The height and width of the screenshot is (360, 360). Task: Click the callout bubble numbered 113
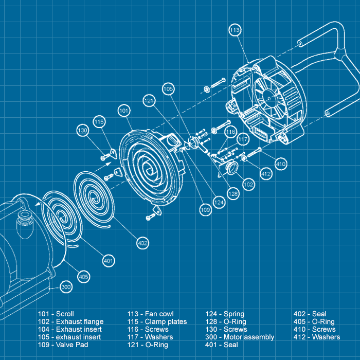(234, 30)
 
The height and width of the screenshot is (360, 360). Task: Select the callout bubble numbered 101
(124, 111)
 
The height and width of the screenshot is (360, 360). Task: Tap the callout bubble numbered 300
(66, 287)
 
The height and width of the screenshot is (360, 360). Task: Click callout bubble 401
(108, 261)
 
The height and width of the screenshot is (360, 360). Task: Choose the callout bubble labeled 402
(143, 243)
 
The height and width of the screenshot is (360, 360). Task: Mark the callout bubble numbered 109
(206, 210)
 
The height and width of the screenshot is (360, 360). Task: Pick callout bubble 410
(280, 165)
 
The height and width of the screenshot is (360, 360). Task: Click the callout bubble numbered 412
(265, 174)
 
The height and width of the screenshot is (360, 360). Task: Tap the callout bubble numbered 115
(99, 121)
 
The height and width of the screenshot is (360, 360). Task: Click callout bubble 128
(233, 194)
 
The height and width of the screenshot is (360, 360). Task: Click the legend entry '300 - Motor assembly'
(240, 337)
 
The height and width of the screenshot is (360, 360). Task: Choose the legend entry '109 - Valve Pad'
(62, 345)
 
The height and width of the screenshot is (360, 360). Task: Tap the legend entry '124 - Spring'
(225, 314)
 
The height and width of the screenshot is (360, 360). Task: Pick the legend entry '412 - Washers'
(316, 337)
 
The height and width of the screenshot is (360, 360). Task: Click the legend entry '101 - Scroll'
(56, 314)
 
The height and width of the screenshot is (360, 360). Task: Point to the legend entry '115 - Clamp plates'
(157, 321)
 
